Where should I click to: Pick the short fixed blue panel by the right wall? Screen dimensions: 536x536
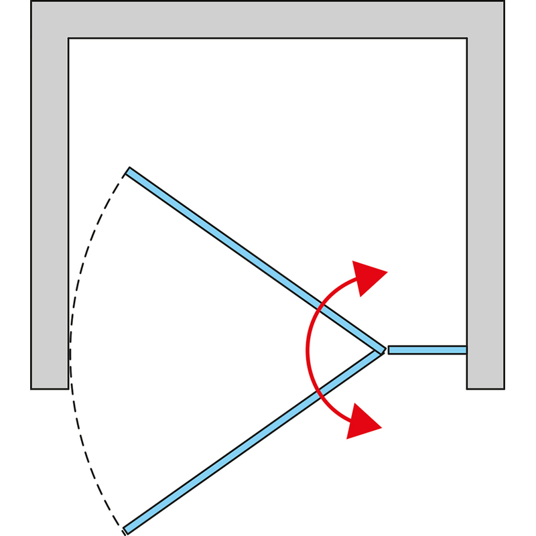point(427,350)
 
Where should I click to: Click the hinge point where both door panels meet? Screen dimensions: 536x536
point(382,350)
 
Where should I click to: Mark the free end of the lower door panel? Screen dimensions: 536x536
point(125,531)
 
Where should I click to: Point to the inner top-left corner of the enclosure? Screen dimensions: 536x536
point(68,38)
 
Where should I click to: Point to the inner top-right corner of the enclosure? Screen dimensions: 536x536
point(467,38)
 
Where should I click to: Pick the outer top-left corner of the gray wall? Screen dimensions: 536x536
point(32,2)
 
